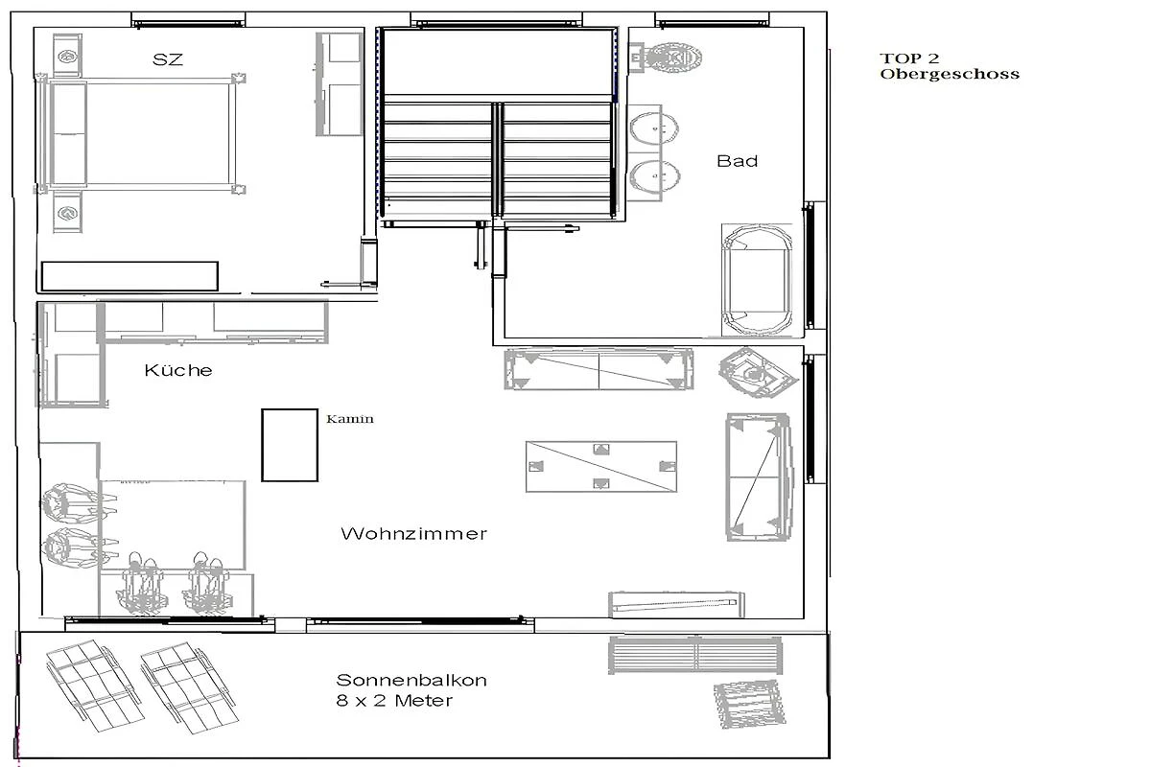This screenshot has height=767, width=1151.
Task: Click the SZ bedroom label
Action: coord(168,59)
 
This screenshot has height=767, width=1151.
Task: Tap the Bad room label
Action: coord(737,161)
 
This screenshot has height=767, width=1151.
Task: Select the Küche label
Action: coord(178,370)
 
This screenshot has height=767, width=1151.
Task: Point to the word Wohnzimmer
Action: coord(413,534)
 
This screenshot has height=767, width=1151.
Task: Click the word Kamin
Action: coord(350,419)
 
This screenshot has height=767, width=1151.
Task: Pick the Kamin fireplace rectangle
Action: coord(290,445)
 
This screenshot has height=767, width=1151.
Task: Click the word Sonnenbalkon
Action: coord(411,680)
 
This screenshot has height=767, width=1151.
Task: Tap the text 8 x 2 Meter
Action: coord(394,701)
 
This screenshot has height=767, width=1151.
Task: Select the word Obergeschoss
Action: coord(950,74)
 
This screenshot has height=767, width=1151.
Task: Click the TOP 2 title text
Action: coord(909,58)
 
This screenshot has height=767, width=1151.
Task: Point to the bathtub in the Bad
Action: coord(757,280)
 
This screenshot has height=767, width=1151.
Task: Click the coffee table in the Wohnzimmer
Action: coord(601,467)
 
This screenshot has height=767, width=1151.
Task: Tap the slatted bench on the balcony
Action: coord(695,655)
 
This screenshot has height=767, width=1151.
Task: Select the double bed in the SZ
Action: coord(139,134)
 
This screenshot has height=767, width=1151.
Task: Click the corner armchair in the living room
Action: coord(758,372)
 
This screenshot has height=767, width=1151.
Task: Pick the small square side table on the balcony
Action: coord(750,705)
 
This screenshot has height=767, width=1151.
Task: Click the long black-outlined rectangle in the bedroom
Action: coord(129,276)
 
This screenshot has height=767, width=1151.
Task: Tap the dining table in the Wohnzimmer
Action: coord(173,524)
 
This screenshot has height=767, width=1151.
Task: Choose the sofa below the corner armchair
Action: coord(759,477)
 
